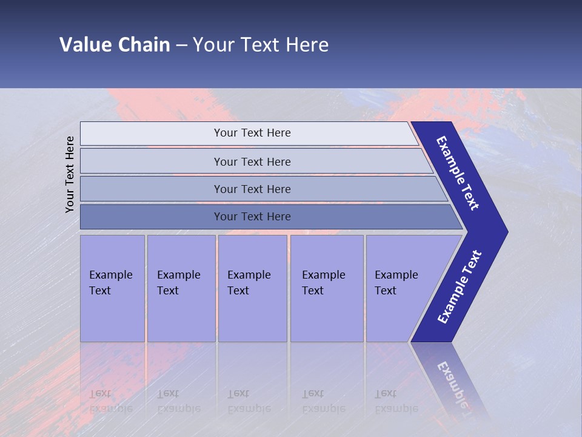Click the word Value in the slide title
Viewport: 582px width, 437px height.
(85, 45)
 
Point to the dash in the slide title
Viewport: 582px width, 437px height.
(181, 46)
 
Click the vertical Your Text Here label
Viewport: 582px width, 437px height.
(70, 174)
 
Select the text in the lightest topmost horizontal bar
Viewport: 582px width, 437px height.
(252, 133)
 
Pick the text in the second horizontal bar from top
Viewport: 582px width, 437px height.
(252, 161)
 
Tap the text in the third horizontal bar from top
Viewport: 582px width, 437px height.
(252, 189)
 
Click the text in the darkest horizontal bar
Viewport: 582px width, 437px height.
(252, 217)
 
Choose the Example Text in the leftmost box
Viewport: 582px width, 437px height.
(110, 283)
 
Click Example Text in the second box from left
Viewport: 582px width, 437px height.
(178, 283)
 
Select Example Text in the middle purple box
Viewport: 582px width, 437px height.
(249, 283)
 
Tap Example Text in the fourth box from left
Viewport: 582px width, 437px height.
(323, 283)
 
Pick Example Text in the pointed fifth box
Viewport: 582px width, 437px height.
(396, 283)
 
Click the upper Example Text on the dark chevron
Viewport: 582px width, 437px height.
(458, 173)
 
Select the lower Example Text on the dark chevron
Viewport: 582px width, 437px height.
(460, 287)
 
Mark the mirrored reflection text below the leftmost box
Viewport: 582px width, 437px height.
(110, 401)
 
